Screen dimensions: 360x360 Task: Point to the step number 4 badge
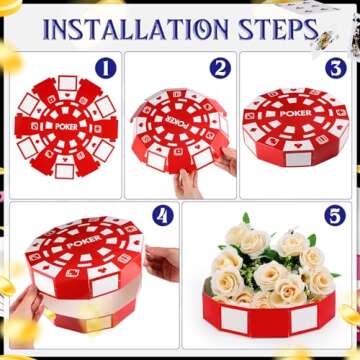pos(162,214)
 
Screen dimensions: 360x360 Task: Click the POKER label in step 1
pos(65,126)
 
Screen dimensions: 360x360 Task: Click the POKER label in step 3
pos(295,114)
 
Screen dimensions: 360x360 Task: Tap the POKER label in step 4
pos(83,242)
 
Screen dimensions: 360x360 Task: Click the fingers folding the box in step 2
pos(187,183)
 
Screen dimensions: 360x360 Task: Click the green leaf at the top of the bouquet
pos(246,219)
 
